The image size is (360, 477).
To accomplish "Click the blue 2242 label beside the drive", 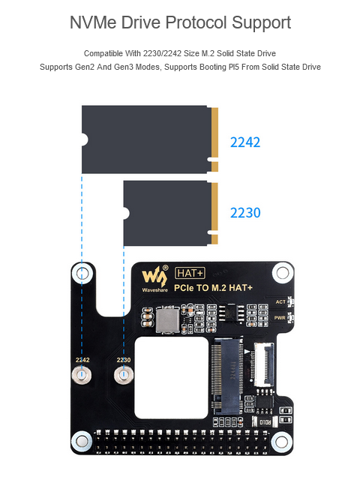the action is [x=245, y=142].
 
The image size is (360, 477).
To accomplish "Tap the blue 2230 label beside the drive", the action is [x=245, y=213].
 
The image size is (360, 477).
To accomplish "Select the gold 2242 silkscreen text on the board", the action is [x=82, y=360].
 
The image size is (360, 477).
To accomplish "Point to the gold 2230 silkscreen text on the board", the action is [x=124, y=360].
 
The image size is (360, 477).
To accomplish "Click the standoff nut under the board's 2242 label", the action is [x=81, y=375].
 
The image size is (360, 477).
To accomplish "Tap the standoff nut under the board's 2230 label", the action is [x=124, y=375].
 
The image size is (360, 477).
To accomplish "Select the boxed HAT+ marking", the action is [x=190, y=273].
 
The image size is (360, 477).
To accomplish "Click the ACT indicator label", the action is [x=280, y=301].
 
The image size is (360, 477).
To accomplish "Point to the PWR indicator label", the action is [x=280, y=317].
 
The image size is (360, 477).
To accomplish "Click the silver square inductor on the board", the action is [x=168, y=319].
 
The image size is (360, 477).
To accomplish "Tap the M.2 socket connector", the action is [x=227, y=376].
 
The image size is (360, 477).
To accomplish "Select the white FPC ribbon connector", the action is [x=264, y=364].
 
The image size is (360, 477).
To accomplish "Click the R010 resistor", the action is [x=265, y=422].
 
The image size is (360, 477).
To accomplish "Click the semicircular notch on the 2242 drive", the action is [x=85, y=139].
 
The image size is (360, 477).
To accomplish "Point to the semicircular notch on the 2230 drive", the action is [x=126, y=213].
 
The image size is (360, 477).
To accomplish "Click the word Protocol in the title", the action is [x=196, y=22].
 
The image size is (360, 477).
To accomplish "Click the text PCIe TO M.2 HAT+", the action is [x=213, y=288].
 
